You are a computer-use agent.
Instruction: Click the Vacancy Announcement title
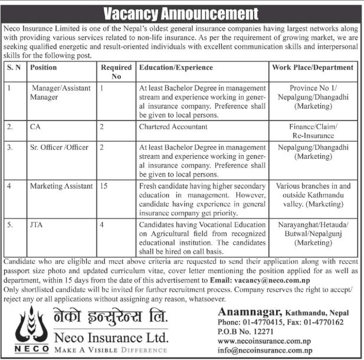pyautogui.click(x=182, y=12)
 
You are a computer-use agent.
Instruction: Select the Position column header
pyautogui.click(x=44, y=67)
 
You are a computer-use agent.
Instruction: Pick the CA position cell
pyautogui.click(x=36, y=126)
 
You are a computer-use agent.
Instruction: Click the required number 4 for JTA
pyautogui.click(x=102, y=224)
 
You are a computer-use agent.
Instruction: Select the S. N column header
pyautogui.click(x=14, y=67)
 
